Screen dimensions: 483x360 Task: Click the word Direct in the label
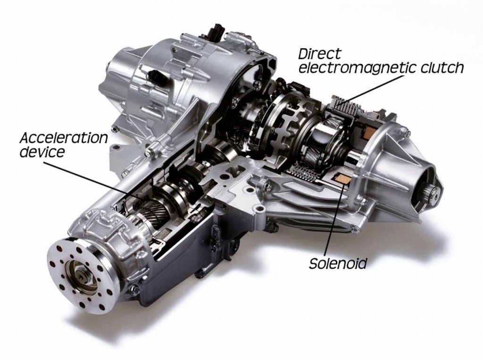320,54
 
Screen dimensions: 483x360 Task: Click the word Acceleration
64,139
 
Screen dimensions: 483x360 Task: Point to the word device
42,152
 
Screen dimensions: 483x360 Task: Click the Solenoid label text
338,264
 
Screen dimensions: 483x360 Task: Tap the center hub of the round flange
81,277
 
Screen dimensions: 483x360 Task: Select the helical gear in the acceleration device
151,211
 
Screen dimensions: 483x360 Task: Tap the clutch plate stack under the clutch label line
343,106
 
